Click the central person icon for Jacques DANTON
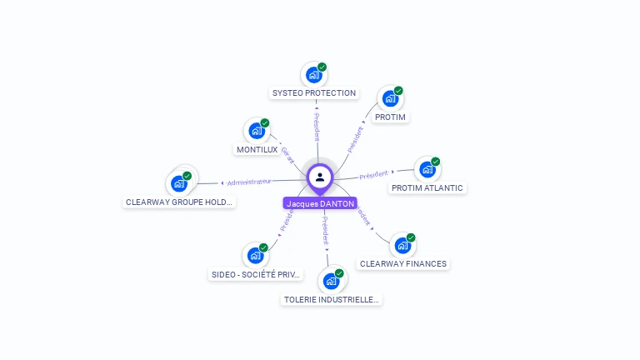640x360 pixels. point(320,177)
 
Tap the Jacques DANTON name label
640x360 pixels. point(320,203)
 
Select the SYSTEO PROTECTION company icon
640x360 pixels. point(313,75)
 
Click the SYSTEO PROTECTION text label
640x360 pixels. point(314,93)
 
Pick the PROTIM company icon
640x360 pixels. point(390,98)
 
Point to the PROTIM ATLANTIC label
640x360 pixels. point(427,188)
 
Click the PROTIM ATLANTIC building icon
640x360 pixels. point(427,169)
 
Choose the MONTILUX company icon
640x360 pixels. point(257,131)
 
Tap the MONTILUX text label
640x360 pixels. point(257,150)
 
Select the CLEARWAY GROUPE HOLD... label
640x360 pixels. point(180,202)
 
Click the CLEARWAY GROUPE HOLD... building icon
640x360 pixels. point(179,183)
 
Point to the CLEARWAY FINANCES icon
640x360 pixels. point(402,245)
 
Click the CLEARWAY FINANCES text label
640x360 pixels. point(403,264)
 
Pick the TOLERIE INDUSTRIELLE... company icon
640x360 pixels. point(331,281)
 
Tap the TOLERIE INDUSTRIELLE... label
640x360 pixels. point(331,299)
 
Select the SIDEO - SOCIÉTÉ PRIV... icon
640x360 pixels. point(255,256)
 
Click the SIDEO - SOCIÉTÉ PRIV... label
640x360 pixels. point(256,274)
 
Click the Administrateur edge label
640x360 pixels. point(249,182)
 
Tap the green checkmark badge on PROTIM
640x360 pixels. point(398,90)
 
